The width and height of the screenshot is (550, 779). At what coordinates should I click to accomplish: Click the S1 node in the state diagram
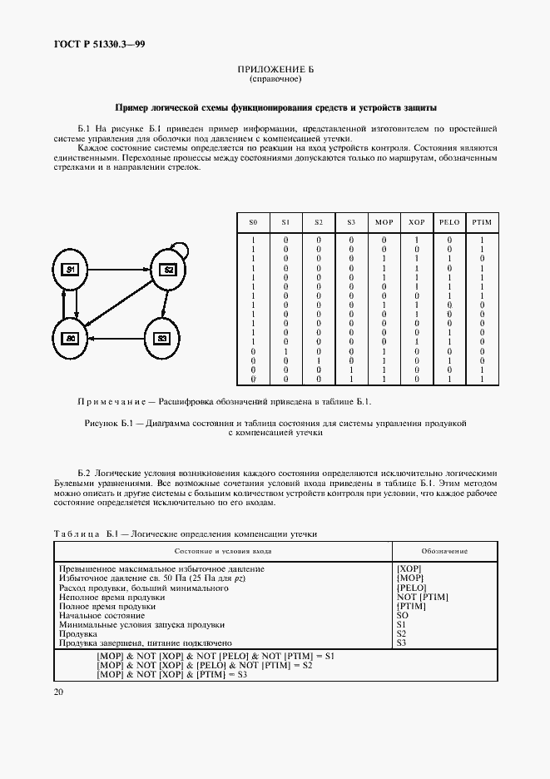(x=71, y=270)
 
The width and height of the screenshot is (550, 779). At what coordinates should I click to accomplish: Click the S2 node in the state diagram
(x=166, y=270)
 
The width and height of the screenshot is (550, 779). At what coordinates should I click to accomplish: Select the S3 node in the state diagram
(x=162, y=338)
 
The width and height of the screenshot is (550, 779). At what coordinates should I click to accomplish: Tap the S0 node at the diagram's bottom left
(x=71, y=338)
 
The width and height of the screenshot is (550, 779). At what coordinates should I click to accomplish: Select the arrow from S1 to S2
(x=118, y=270)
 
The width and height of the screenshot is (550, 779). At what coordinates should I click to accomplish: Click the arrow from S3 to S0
(x=116, y=338)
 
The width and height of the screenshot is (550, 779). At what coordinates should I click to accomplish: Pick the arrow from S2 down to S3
(x=165, y=304)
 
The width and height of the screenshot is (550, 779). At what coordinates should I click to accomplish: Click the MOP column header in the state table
(x=384, y=224)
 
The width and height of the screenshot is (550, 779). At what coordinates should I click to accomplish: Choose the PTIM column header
(x=481, y=224)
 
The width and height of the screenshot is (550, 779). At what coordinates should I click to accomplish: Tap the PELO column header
(x=448, y=224)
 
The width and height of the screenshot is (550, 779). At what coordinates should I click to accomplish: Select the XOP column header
(x=416, y=224)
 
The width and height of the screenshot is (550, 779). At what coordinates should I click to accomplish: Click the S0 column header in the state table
(x=254, y=224)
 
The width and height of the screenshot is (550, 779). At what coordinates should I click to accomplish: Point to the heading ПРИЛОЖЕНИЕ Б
(x=275, y=71)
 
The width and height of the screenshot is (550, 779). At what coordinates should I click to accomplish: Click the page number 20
(x=59, y=692)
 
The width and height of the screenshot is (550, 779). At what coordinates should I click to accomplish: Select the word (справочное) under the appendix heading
(x=275, y=79)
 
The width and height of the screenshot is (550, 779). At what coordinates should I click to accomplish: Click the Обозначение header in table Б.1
(x=443, y=551)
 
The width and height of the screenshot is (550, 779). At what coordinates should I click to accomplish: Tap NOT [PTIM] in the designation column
(x=424, y=597)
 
